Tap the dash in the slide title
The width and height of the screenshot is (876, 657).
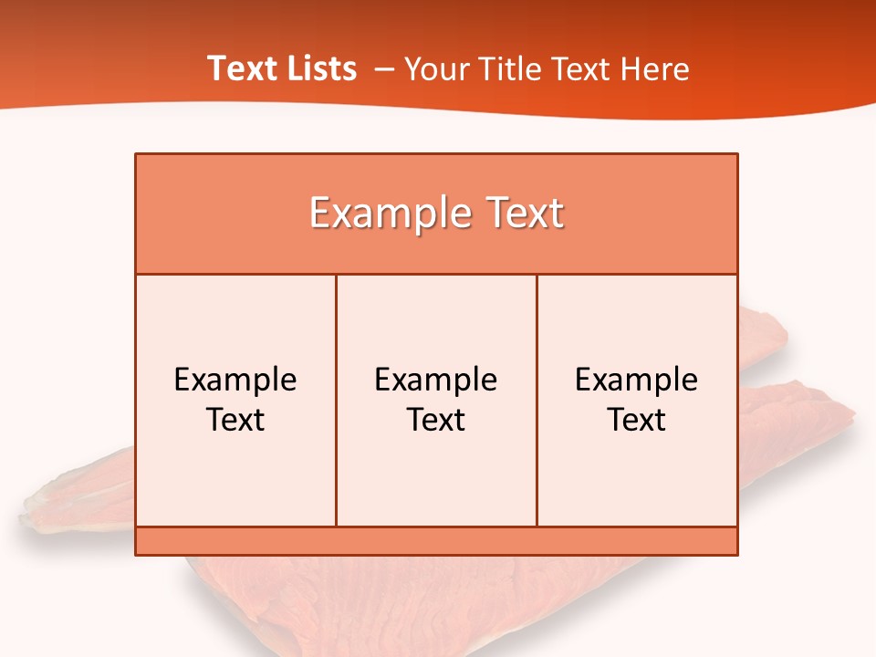click(384, 69)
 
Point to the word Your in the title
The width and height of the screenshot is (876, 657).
click(434, 69)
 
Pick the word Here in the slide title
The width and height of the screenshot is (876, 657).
click(654, 69)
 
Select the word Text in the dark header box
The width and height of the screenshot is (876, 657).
click(523, 214)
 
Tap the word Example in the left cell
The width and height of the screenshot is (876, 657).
click(235, 380)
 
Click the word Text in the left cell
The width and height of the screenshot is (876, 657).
click(235, 420)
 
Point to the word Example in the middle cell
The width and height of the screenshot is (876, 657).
click(436, 380)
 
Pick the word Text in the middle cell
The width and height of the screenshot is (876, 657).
click(436, 420)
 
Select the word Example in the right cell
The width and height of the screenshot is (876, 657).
click(637, 380)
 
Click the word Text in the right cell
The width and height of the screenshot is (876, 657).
click(637, 420)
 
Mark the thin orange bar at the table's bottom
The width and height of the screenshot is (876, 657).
click(436, 541)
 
